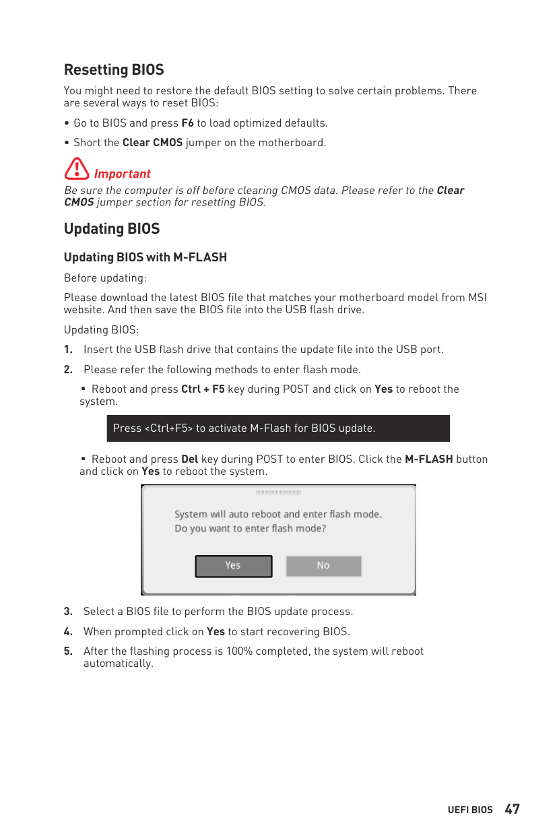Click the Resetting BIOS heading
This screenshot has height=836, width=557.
(x=114, y=70)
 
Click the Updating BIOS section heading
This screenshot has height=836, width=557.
(x=112, y=229)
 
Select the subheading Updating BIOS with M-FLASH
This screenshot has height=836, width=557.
(x=145, y=257)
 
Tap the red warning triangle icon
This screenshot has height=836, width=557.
(x=77, y=168)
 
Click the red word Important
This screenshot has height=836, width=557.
(x=122, y=174)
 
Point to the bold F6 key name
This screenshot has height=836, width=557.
(x=187, y=123)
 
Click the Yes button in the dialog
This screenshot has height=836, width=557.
(x=233, y=566)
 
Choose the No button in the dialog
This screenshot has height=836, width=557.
(x=323, y=566)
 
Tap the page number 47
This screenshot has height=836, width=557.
(x=512, y=809)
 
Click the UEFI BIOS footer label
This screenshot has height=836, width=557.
(x=470, y=810)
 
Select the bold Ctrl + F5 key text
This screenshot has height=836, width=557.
(x=203, y=389)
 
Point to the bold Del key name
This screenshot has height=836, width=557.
(x=189, y=459)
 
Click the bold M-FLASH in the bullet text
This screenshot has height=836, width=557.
(x=428, y=459)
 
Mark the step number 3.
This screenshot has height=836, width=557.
(x=68, y=612)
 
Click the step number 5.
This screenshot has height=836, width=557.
(x=68, y=651)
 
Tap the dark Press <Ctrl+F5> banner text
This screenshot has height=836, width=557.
(x=244, y=428)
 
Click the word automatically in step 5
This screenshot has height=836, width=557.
(x=118, y=664)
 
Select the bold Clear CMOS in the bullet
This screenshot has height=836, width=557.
(x=152, y=143)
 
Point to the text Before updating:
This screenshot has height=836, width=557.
(x=105, y=278)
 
